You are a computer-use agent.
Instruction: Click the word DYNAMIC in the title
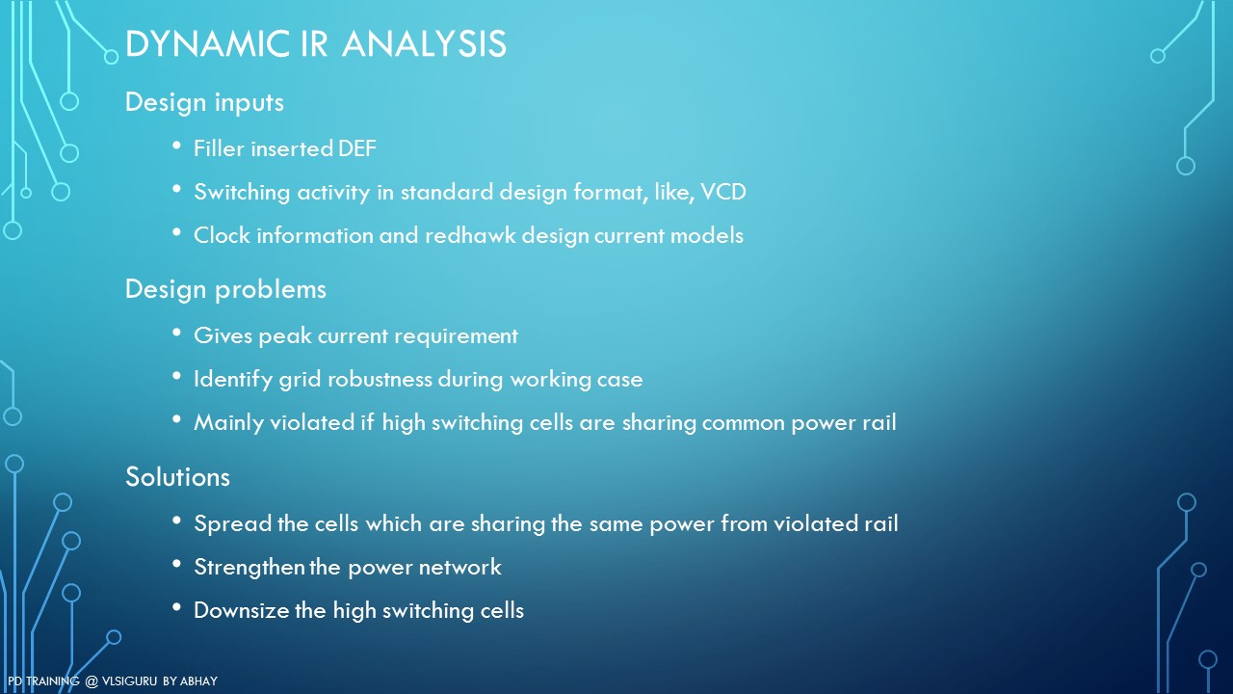point(207,43)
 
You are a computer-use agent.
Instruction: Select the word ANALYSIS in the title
point(424,43)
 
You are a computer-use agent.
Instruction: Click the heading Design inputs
point(204,103)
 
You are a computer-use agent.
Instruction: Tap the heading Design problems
point(225,290)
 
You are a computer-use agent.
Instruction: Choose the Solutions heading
point(177,476)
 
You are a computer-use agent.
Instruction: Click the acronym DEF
point(357,148)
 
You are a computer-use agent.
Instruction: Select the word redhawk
point(470,236)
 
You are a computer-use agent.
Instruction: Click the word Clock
point(222,236)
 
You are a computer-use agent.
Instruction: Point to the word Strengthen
point(249,568)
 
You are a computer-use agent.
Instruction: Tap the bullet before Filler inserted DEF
point(176,146)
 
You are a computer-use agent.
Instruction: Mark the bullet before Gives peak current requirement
point(176,333)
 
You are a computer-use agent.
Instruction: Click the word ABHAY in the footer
point(198,681)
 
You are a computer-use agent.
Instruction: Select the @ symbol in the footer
point(91,681)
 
